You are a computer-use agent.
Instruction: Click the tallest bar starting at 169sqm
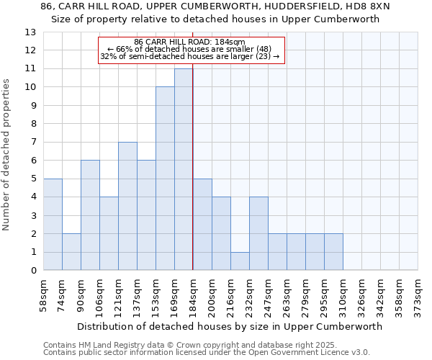184,169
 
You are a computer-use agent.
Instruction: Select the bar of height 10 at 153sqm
165,179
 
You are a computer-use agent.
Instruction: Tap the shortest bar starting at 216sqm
240,261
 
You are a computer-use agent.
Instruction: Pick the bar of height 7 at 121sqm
127,206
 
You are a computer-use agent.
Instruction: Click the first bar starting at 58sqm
53,224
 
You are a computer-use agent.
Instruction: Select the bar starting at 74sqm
71,251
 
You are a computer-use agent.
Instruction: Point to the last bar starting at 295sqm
333,251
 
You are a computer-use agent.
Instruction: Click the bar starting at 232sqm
258,233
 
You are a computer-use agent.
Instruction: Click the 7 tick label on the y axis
32,143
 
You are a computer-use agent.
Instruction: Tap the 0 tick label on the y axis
32,271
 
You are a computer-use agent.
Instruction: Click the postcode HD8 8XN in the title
369,6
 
